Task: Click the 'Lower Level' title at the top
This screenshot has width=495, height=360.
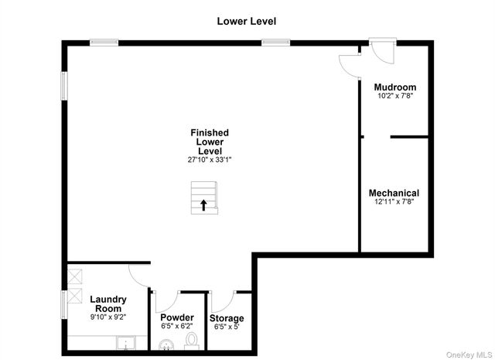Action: click(246, 21)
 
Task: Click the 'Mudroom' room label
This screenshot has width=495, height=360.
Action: click(394, 87)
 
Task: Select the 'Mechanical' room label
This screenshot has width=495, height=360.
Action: click(394, 193)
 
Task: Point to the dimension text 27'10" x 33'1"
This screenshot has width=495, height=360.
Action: click(210, 160)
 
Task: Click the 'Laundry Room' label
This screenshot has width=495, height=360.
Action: click(108, 304)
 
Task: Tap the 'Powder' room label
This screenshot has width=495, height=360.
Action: click(177, 318)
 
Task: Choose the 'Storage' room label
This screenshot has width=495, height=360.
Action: click(227, 318)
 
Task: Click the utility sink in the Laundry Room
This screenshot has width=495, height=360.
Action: click(126, 343)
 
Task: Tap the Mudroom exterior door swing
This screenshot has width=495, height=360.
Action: click(383, 50)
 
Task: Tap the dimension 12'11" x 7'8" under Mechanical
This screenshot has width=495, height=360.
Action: click(394, 202)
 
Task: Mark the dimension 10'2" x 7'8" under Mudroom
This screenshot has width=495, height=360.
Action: click(394, 97)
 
